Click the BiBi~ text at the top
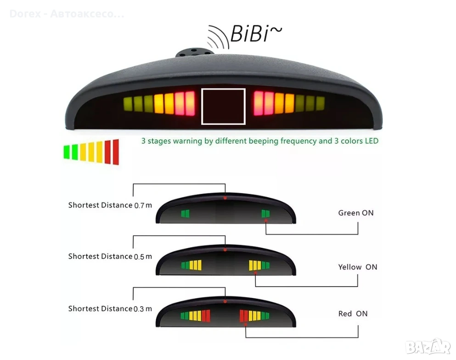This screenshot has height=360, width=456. point(256,34)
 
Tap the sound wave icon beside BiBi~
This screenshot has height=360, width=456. point(218,36)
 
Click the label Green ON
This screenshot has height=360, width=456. point(355,213)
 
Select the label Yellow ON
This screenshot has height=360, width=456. point(357,267)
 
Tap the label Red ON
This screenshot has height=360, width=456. point(353,314)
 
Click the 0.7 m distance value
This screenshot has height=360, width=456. point(142,206)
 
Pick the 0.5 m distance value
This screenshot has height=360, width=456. point(142,257)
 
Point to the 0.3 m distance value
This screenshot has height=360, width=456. point(142,309)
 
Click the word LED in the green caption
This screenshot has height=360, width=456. point(372,141)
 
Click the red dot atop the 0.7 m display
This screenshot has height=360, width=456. point(225,197)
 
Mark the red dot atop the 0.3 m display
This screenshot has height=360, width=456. point(225,302)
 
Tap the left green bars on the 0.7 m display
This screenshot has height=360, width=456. point(185,214)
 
